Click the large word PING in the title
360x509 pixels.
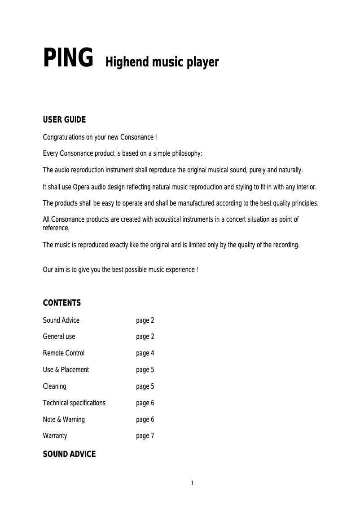68,58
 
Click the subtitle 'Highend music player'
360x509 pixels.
162,62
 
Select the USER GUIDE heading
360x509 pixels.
64,120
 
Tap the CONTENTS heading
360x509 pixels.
62,303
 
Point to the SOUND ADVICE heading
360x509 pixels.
69,454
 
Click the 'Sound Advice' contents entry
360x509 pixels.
61,320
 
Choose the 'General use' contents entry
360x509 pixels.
59,337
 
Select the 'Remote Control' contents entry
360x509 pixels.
63,353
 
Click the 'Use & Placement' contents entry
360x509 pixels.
66,370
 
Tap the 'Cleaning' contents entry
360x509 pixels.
54,386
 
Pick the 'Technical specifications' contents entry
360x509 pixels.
74,403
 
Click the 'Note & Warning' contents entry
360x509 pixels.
64,420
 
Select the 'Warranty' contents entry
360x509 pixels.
55,436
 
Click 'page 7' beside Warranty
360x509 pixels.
145,436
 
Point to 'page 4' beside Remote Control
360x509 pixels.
145,353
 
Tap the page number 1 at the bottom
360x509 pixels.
193,483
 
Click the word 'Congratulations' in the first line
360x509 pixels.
64,137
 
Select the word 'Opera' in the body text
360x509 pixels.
82,187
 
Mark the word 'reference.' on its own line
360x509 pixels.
56,228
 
